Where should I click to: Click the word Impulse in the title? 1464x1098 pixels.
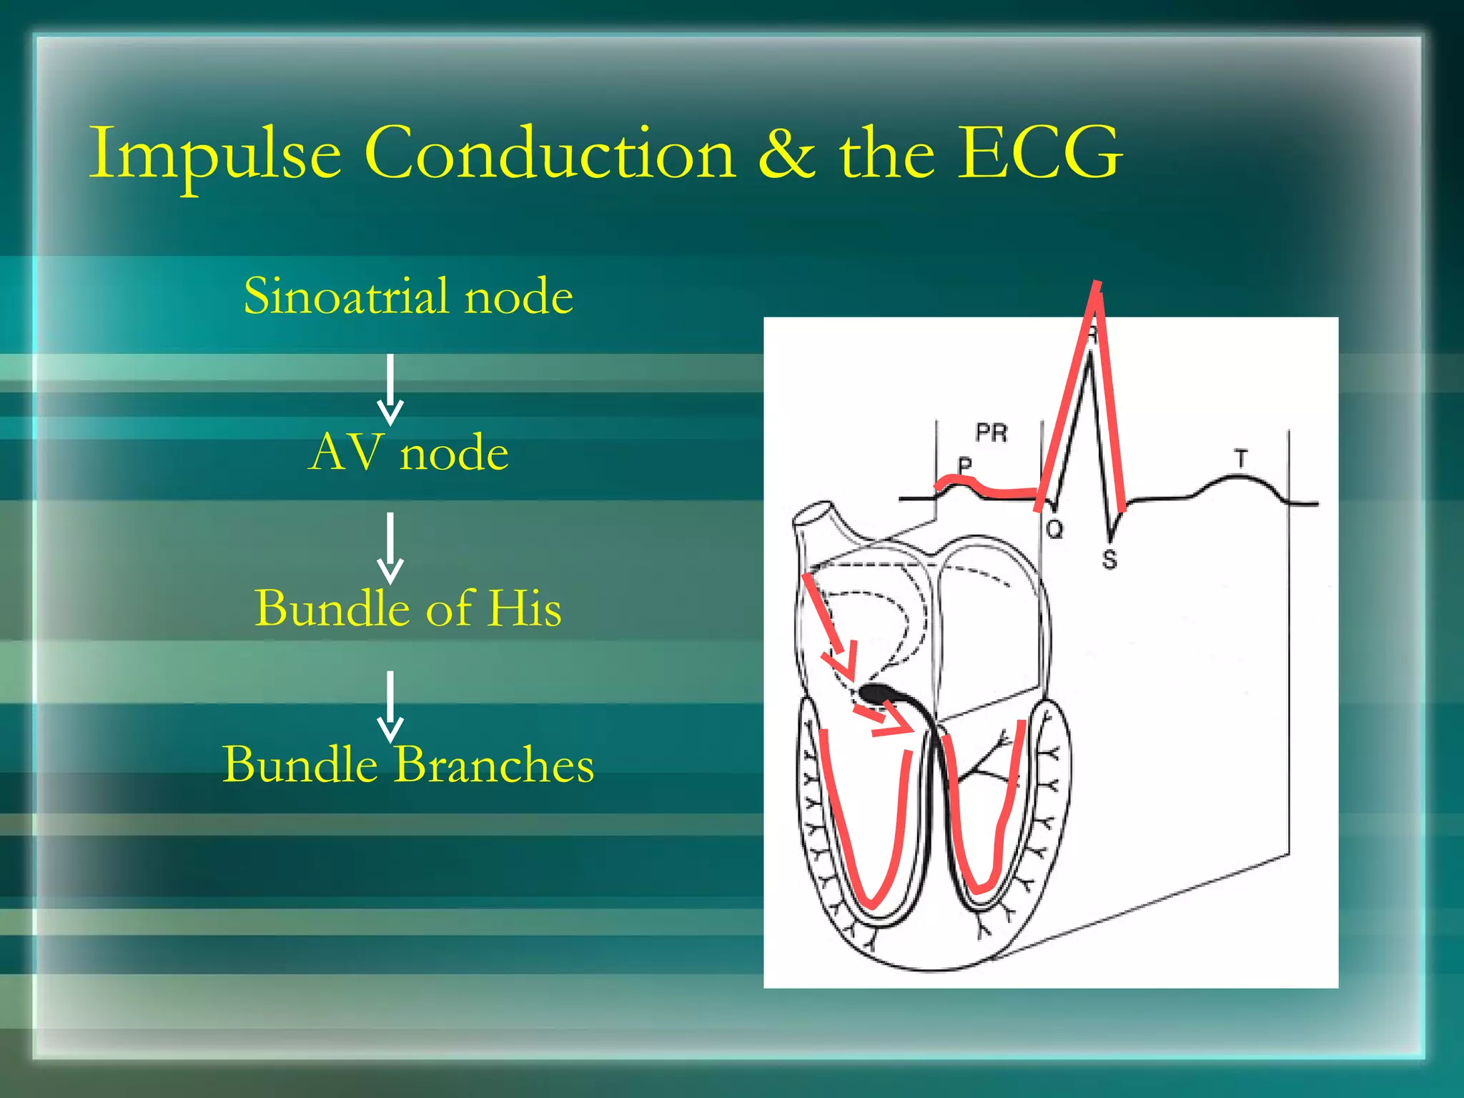(214, 154)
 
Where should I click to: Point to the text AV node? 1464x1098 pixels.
(408, 452)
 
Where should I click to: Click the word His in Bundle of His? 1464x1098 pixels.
(524, 608)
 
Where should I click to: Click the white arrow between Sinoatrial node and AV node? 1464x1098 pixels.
(390, 390)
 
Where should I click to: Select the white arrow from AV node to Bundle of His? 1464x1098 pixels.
(390, 547)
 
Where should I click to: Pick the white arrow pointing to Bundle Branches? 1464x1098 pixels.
(390, 706)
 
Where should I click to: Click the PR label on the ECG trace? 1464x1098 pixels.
(991, 432)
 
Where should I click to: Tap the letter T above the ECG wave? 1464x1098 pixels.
(1241, 458)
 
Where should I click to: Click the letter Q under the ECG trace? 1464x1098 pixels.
(1054, 530)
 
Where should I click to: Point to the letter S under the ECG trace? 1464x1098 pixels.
(1109, 559)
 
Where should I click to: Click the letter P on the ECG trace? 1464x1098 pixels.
(965, 465)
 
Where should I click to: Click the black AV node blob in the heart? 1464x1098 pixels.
(876, 692)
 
